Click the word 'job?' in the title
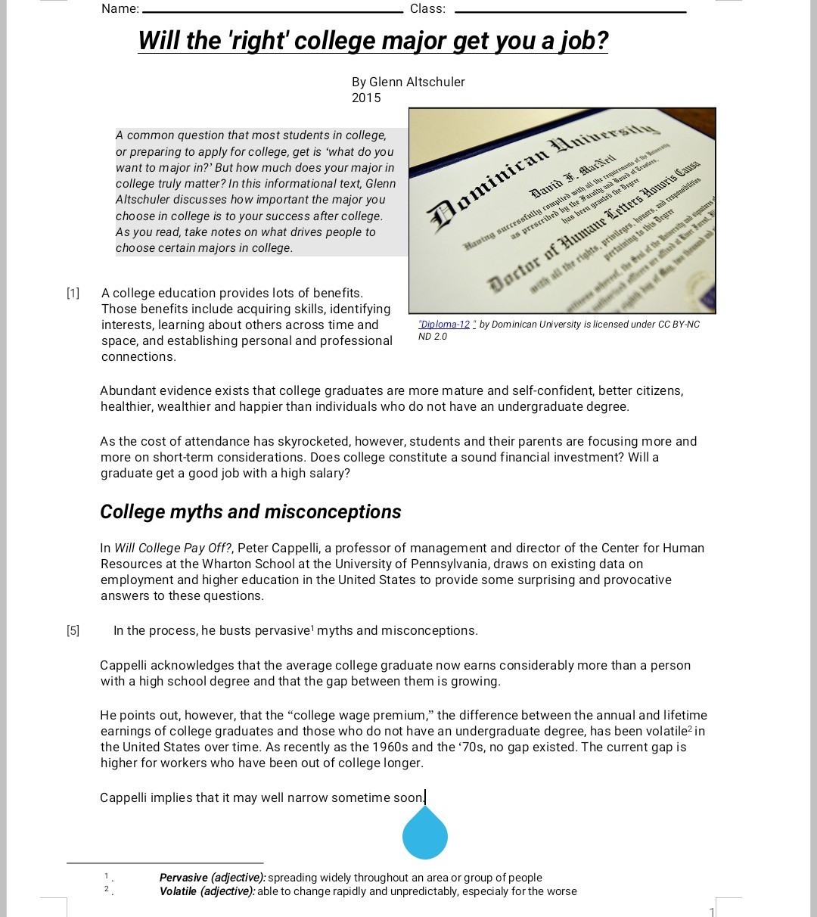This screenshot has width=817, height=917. pos(582,41)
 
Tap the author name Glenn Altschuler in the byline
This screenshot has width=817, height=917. pos(417,82)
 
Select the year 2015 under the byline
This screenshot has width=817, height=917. pos(366,98)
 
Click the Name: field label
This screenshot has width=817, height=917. pos(120,9)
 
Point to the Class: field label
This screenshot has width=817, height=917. pos(427,9)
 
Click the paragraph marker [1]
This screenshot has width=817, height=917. pos(72,293)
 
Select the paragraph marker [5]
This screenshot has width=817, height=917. pos(72,630)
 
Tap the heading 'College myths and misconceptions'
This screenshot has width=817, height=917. pos(250,512)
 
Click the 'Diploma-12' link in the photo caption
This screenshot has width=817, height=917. pos(445,325)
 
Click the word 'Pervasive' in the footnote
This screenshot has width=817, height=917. pos(184,878)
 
